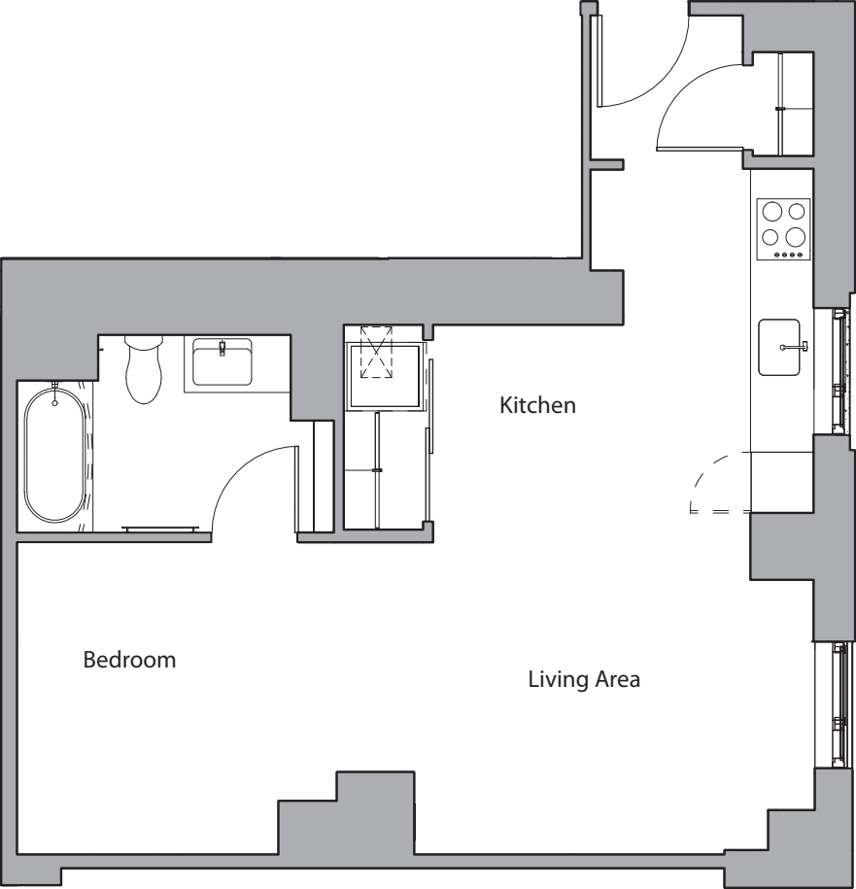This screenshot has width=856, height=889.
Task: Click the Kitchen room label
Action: coord(537,405)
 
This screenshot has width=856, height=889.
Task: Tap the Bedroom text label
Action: coord(129,660)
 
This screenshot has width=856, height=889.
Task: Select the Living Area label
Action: coord(584,679)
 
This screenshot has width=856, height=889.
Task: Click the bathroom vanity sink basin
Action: coord(222,361)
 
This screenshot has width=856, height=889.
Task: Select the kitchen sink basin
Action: coord(779,348)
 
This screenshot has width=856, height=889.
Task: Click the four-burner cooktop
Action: coord(783,229)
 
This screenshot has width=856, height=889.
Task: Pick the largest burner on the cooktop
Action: coord(796,236)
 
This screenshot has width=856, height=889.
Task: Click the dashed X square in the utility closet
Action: coord(376,352)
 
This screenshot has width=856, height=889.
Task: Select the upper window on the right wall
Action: coord(839,372)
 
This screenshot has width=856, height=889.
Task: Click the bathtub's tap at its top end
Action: coord(55,394)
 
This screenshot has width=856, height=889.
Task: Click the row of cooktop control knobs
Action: coord(789,256)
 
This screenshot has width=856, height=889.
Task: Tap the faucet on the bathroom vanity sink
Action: coord(223,348)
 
